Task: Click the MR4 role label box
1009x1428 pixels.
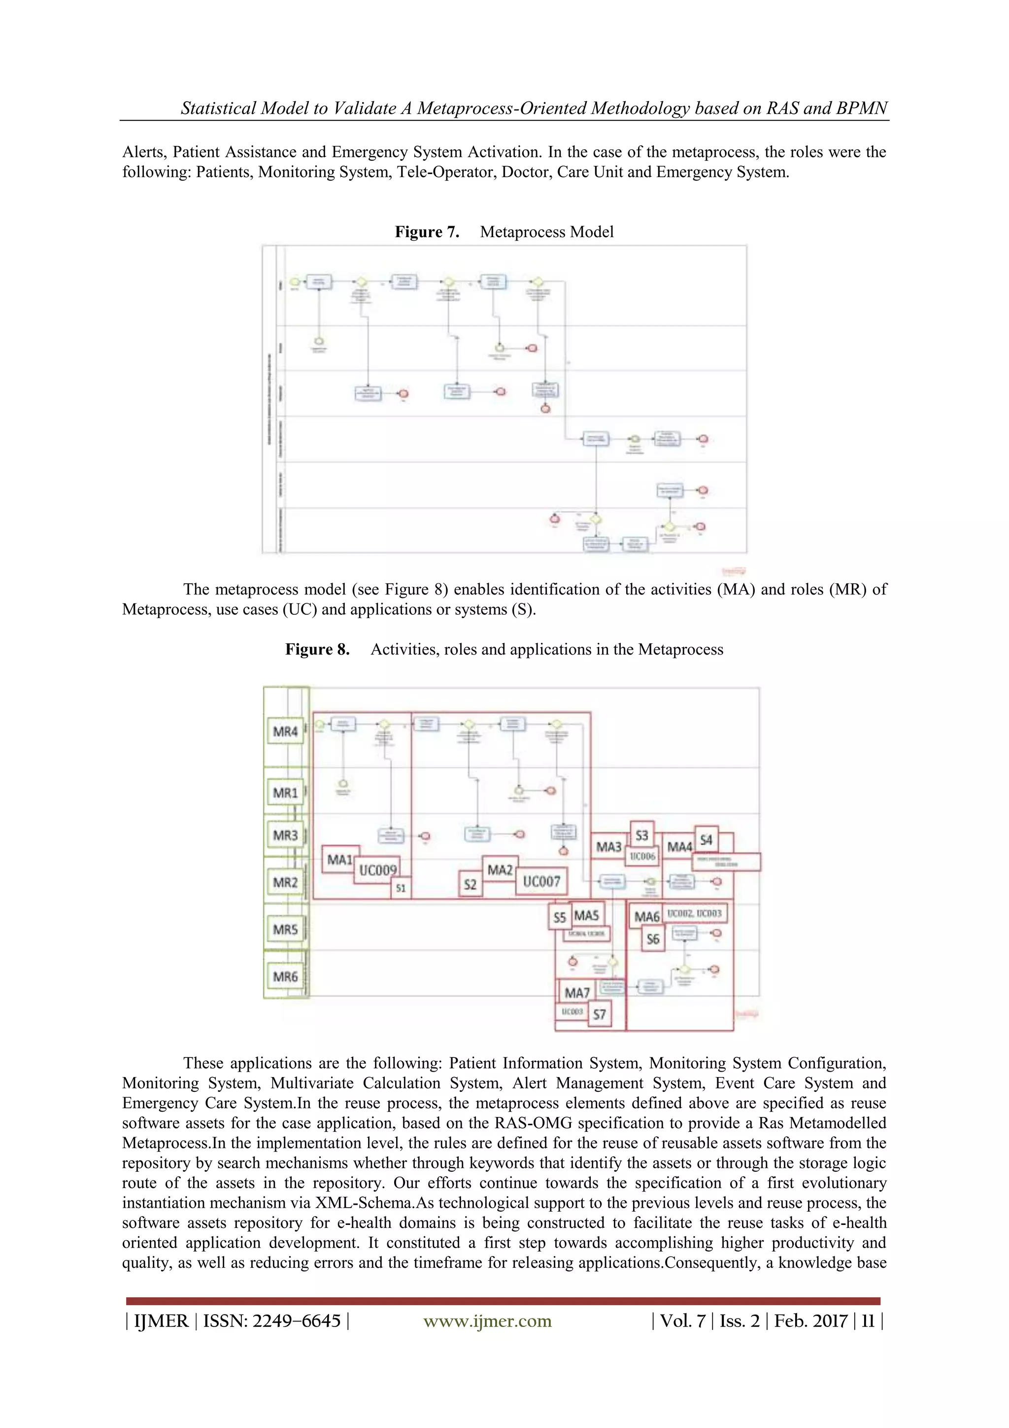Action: click(285, 731)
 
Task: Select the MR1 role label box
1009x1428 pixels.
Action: click(285, 793)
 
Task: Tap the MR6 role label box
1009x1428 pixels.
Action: click(285, 976)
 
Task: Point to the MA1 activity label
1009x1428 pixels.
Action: click(339, 860)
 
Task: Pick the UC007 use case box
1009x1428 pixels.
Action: click(541, 881)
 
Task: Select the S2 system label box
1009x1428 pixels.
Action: click(471, 884)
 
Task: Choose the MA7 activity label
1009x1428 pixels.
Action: click(577, 993)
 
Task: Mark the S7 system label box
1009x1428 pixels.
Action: click(599, 1014)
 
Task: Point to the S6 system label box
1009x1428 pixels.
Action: click(653, 939)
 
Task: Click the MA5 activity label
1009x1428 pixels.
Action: click(586, 915)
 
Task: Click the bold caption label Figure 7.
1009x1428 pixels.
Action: click(427, 232)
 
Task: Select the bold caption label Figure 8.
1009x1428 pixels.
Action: click(318, 649)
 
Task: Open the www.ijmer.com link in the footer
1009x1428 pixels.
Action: click(487, 1321)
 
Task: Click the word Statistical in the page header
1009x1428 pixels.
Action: click(218, 108)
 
